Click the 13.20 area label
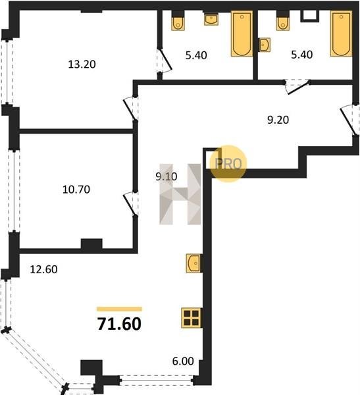82,65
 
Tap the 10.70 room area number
76,190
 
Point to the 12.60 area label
43,269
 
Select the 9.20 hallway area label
278,120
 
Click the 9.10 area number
167,176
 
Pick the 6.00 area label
183,361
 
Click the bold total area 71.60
119,324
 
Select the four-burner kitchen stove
192,318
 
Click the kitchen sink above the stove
193,263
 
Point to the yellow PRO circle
228,163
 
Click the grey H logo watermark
180,194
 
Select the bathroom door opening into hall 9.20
297,86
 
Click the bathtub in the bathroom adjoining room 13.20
242,34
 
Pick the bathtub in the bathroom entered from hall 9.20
341,34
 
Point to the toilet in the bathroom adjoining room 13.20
178,22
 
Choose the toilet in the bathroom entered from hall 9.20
282,22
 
